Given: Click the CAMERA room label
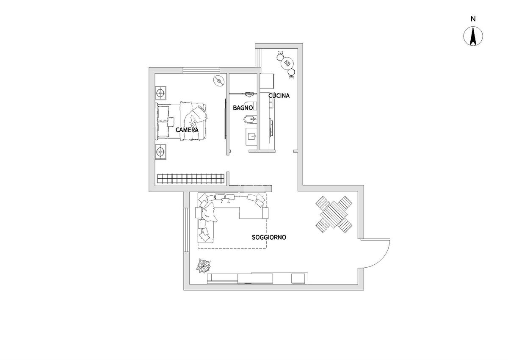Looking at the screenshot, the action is point(187,130).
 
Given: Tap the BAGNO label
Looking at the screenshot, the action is point(243,108).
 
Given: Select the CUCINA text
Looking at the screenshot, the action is point(279,96).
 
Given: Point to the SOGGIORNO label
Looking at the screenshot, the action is point(269,237).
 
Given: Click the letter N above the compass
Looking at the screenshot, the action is point(473,19).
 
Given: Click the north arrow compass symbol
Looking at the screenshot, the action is point(473,36).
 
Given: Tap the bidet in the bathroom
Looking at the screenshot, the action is point(250,119).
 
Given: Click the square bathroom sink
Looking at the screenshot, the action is point(251,136).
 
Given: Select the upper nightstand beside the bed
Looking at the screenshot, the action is point(160,93).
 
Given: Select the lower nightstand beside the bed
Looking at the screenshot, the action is point(160,151).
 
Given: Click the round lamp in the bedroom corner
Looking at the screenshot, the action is point(219,80).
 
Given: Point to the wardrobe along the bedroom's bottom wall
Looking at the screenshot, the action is point(191,179).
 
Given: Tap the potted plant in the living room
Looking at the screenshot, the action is point(204,266).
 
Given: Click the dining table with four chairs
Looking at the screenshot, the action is point(334,214).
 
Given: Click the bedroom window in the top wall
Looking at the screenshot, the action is point(202,70).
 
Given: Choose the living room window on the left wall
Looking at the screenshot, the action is point(186,230).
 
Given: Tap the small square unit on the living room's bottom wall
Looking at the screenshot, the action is point(298,279).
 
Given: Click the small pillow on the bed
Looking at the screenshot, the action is point(171,122).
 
